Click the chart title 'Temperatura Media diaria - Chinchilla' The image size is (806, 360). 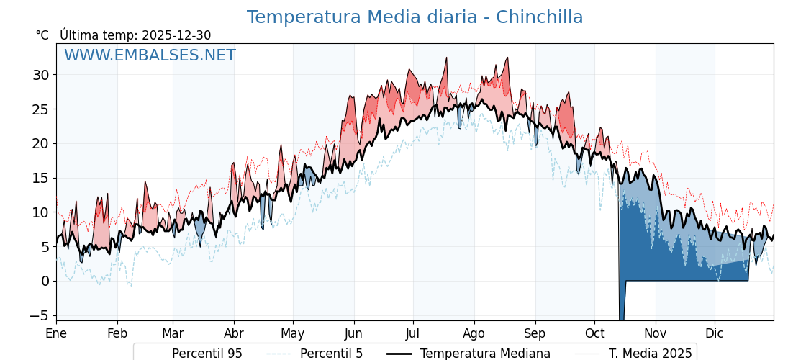pyautogui.click(x=415, y=17)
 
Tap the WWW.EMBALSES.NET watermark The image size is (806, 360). pyautogui.click(x=150, y=55)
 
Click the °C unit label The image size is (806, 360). pyautogui.click(x=42, y=35)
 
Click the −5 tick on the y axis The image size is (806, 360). pyautogui.click(x=40, y=315)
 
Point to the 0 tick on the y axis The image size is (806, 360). pyautogui.click(x=45, y=281)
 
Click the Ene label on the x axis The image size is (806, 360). pyautogui.click(x=56, y=333)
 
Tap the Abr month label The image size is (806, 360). pyautogui.click(x=234, y=333)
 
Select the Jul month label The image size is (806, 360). pyautogui.click(x=413, y=333)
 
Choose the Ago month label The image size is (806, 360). pyautogui.click(x=474, y=333)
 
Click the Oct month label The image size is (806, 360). pyautogui.click(x=594, y=333)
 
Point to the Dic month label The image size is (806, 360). pyautogui.click(x=715, y=333)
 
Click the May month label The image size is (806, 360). pyautogui.click(x=293, y=333)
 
